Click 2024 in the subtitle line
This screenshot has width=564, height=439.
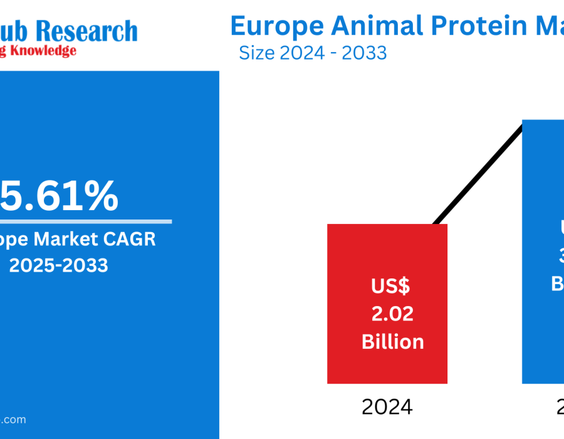click(302, 53)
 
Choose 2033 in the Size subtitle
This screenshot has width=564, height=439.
click(364, 53)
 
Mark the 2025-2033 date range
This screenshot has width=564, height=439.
click(59, 265)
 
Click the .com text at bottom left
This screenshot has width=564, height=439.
click(14, 420)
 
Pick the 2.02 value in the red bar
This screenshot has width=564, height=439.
click(392, 314)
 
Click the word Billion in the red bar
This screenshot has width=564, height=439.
click(392, 342)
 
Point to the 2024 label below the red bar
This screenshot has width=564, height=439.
click(387, 408)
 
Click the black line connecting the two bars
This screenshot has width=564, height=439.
click(479, 173)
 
